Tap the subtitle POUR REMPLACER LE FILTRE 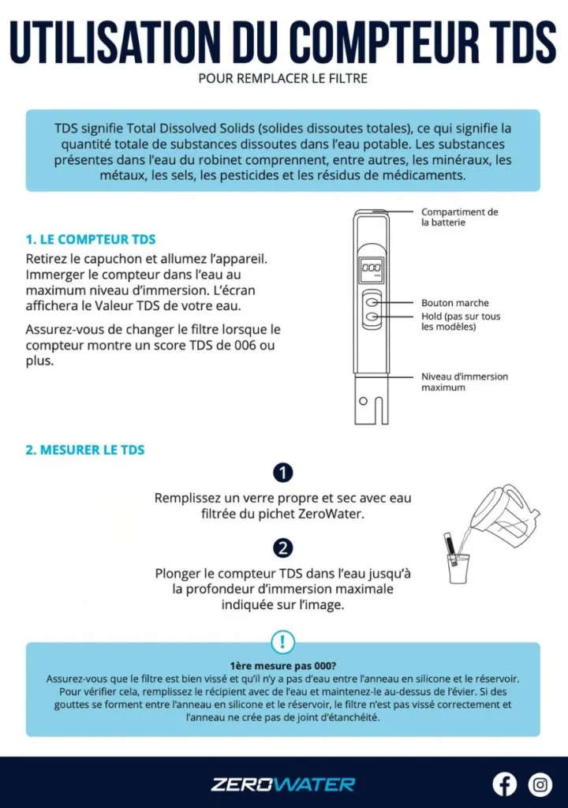282,79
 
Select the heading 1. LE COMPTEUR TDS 91,239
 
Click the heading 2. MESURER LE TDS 85,450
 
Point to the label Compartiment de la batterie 459,217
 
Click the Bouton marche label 454,303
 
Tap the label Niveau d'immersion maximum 464,382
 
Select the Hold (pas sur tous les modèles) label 460,321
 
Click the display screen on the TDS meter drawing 372,270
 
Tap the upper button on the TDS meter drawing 372,303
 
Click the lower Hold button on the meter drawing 372,317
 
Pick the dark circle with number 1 282,473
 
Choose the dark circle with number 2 282,548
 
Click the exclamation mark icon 282,641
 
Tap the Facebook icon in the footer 505,784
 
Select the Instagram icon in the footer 540,784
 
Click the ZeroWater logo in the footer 282,784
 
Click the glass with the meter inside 458,567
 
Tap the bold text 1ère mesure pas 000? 282,665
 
